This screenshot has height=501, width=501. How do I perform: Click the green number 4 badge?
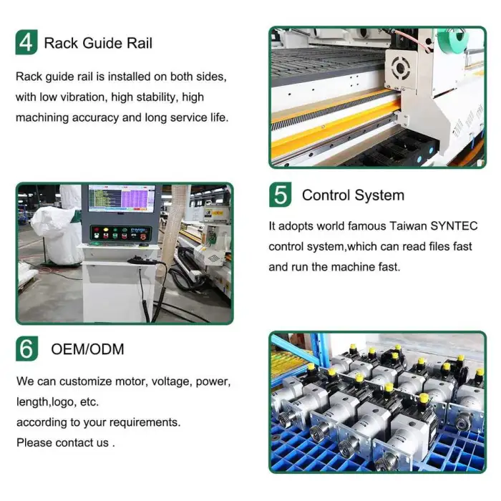26,42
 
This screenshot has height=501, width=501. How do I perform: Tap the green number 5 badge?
281,195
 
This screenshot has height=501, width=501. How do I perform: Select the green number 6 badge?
27,349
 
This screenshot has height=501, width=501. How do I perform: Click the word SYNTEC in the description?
454,226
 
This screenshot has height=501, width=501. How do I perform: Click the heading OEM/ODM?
87,349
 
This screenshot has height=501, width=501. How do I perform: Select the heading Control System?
353,195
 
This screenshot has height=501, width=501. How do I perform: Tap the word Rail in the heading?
140,43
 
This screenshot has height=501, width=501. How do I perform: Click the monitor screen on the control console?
122,198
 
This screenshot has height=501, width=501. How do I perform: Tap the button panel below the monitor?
120,233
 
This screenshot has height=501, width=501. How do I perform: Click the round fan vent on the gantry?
400,68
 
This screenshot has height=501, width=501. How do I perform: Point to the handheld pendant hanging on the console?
142,261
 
